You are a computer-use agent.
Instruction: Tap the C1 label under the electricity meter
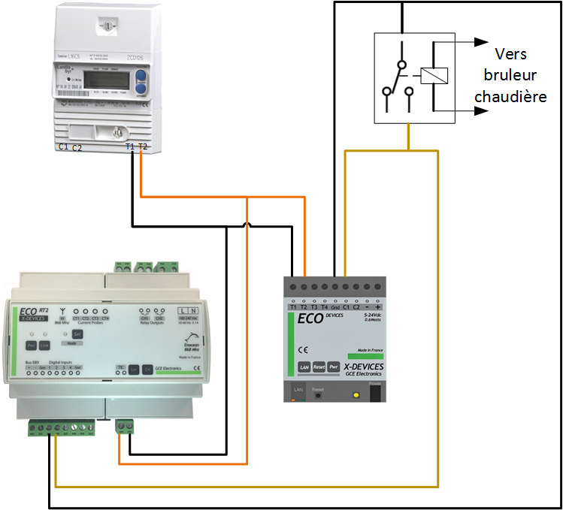click(x=63, y=146)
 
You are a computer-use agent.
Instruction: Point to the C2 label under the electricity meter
click(x=77, y=148)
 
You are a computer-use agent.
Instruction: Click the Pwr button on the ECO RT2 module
click(x=32, y=345)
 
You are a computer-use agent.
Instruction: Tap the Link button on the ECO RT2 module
click(x=44, y=345)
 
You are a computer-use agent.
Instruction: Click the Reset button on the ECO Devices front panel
click(x=319, y=367)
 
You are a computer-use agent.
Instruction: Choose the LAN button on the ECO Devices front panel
click(x=304, y=367)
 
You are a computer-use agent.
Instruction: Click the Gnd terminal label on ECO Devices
click(x=335, y=306)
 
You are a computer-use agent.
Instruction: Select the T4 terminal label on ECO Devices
click(x=324, y=306)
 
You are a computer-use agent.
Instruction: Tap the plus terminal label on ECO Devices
click(x=377, y=306)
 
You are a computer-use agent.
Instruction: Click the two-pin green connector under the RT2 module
click(x=125, y=427)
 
